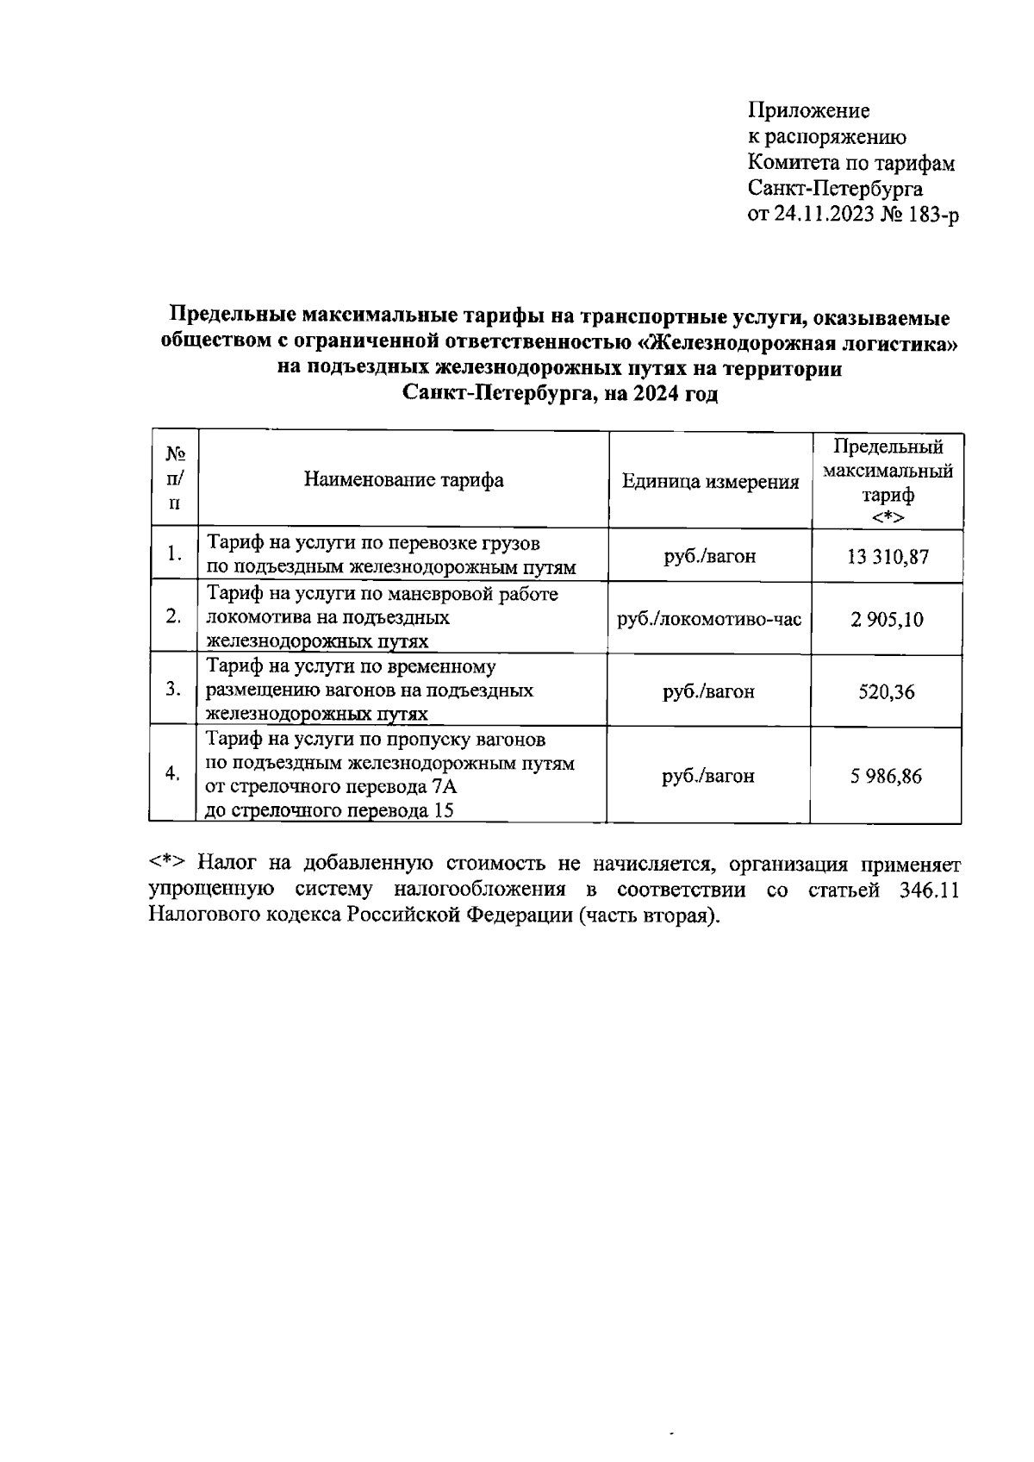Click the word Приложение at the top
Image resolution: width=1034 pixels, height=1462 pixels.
(x=808, y=111)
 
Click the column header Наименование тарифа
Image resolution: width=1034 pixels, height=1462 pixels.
(x=403, y=480)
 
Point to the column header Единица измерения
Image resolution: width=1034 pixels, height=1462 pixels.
(x=710, y=482)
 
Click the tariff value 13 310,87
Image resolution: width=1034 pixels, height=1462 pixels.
(x=887, y=556)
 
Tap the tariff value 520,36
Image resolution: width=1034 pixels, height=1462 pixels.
(x=887, y=691)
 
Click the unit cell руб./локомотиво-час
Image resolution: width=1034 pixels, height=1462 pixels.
(x=710, y=619)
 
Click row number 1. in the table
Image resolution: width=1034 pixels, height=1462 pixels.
(x=175, y=554)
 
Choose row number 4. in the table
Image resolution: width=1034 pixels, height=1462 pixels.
(x=173, y=773)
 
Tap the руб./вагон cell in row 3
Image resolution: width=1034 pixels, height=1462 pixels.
(x=708, y=691)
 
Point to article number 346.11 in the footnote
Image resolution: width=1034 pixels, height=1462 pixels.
(x=928, y=890)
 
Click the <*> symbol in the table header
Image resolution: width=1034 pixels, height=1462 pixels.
(x=887, y=517)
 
